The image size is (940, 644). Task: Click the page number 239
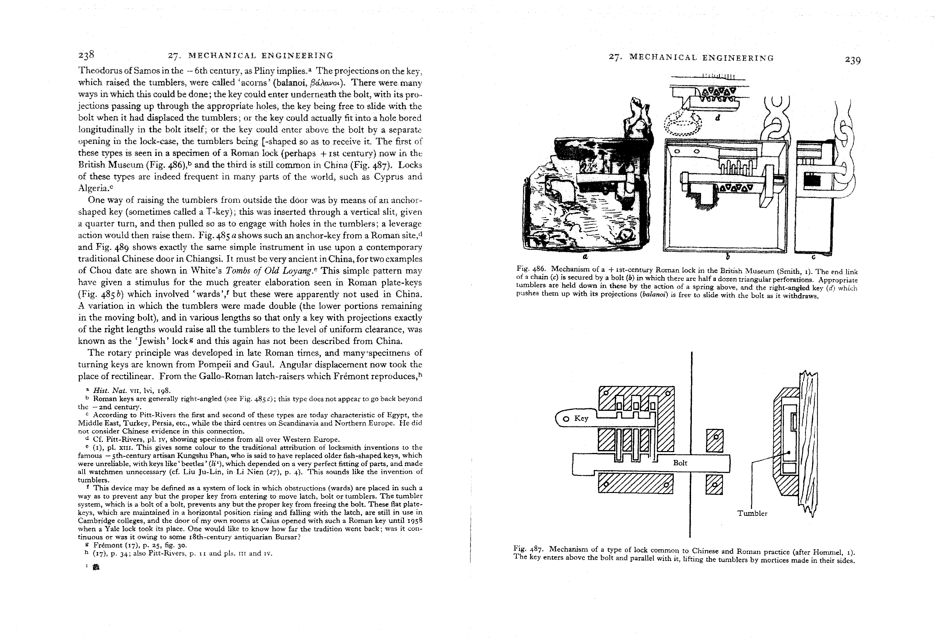(x=853, y=60)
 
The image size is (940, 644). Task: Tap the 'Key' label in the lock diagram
(x=581, y=418)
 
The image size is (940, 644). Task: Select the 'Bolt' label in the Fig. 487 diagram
(x=680, y=463)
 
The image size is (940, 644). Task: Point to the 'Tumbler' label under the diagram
(x=752, y=513)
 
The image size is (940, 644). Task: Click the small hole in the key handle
(x=566, y=419)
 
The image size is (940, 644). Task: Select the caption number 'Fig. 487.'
(x=528, y=549)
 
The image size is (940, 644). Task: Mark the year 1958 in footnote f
(x=414, y=521)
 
